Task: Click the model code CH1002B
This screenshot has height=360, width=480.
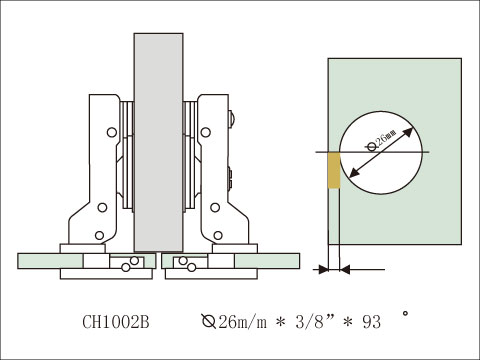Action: point(115,323)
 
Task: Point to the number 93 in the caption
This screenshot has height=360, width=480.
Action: point(371,323)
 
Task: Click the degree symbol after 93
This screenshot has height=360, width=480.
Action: point(405,314)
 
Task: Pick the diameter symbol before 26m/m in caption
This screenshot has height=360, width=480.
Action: point(207,323)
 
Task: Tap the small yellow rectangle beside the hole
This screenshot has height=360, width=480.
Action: point(334,170)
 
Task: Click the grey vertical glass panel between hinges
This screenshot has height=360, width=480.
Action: point(158,140)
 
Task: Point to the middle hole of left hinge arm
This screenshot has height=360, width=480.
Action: point(101,208)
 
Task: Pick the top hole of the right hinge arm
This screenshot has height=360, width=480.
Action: point(207,130)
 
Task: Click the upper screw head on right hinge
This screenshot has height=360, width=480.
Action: point(232,121)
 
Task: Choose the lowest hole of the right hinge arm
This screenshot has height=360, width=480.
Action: point(217,236)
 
